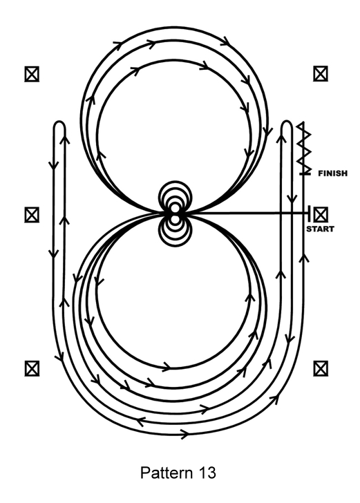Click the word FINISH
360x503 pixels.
(333, 173)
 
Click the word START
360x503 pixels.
(320, 229)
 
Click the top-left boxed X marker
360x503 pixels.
(32, 74)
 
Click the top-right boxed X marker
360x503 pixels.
(321, 74)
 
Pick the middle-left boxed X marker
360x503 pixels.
(32, 215)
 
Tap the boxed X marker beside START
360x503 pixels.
(321, 214)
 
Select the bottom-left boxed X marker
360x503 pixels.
(32, 368)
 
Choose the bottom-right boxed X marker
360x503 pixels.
(321, 368)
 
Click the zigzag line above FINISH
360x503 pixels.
(303, 148)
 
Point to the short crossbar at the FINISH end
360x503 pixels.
(305, 173)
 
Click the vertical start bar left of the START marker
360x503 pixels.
(309, 213)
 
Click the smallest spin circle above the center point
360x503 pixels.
(175, 208)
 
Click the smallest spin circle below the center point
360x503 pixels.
(175, 220)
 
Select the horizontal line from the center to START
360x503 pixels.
(244, 213)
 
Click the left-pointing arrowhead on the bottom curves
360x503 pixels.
(140, 421)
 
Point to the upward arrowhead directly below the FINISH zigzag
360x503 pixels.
(304, 257)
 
